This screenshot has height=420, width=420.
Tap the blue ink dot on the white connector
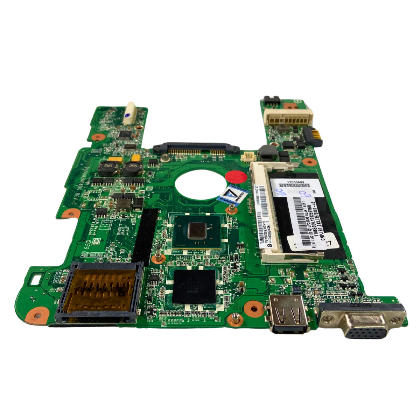[128, 114]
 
